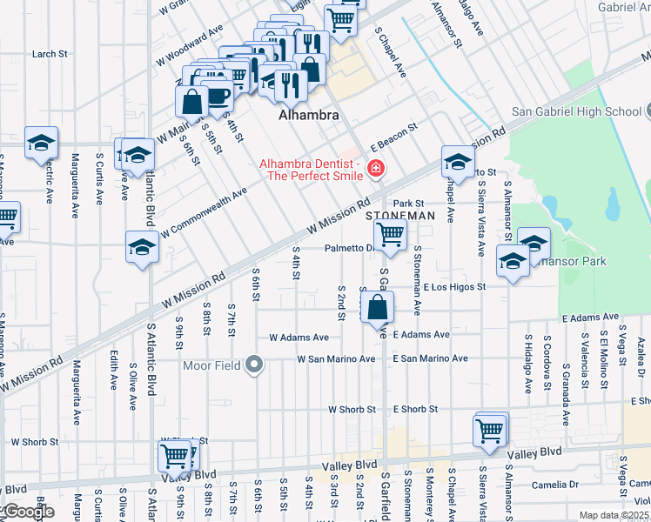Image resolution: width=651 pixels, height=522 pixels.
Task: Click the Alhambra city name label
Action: tap(307, 115)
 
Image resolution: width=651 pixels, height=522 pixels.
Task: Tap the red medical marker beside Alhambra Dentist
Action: tap(377, 167)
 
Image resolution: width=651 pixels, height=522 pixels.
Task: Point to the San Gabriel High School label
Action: tap(575, 111)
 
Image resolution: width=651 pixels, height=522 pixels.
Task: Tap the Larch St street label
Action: tap(50, 54)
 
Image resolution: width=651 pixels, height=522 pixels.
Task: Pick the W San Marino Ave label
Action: tap(336, 358)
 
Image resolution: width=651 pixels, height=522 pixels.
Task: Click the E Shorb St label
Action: tap(414, 409)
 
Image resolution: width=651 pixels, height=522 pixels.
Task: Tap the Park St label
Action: tap(413, 204)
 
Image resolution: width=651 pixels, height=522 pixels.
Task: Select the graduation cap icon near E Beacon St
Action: tap(458, 162)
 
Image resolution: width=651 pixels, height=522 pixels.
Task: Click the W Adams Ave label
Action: tap(299, 337)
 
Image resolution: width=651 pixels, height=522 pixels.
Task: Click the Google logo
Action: tap(28, 512)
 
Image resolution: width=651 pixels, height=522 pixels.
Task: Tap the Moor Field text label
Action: tap(211, 365)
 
